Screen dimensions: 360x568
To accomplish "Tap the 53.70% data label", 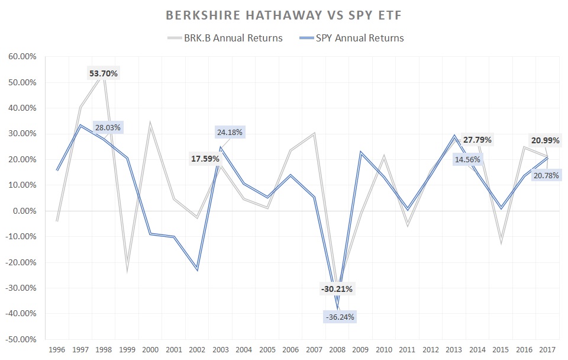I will [x=104, y=73].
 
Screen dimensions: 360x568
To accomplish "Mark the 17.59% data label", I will [x=205, y=159].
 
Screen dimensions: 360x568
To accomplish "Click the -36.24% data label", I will [x=340, y=317].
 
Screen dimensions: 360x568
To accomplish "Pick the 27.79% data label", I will [x=477, y=140].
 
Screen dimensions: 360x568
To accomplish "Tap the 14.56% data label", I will [x=467, y=159].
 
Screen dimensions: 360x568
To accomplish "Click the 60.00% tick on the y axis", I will [x=21, y=57].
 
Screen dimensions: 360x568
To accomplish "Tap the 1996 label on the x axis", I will [x=57, y=351].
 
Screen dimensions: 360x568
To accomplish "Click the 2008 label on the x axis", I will [x=337, y=351].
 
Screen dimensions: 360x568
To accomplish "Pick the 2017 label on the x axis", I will [x=547, y=351].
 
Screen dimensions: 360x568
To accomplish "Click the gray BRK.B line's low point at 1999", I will [x=127, y=271].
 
